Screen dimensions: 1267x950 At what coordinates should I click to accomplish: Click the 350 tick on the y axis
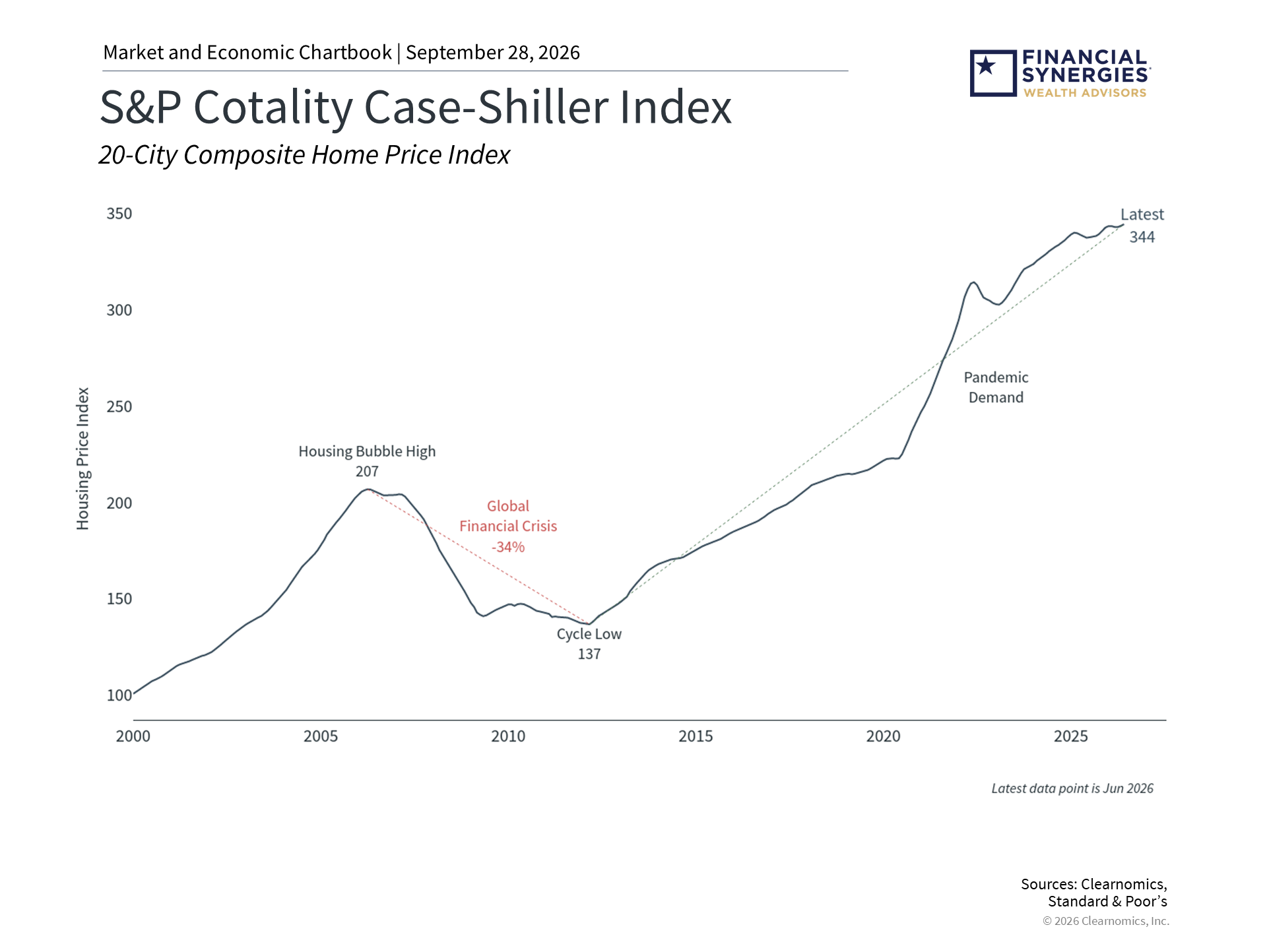[119, 214]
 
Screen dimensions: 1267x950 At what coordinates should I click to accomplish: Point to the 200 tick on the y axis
[119, 503]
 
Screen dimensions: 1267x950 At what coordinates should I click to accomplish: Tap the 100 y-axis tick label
[119, 695]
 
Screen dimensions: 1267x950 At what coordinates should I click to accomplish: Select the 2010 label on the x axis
[508, 736]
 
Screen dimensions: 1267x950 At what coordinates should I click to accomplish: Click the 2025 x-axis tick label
[1071, 736]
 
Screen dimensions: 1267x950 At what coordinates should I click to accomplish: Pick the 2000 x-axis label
[133, 736]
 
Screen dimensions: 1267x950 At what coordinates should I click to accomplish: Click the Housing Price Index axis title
[82, 459]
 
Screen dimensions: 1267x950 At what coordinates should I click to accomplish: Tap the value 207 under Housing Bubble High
[368, 472]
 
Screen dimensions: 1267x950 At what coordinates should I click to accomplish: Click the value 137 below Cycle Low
[589, 654]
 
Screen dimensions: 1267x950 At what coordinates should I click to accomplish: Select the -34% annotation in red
[508, 547]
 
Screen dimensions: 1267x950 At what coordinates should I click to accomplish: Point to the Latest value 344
[1142, 237]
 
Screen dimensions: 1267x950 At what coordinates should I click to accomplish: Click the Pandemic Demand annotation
[996, 387]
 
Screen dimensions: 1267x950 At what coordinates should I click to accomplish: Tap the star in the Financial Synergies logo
[986, 65]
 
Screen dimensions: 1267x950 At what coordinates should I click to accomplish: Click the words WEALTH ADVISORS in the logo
[1085, 93]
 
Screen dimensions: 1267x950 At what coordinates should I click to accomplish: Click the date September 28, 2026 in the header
[493, 53]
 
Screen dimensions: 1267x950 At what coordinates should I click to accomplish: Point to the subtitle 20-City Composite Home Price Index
[304, 155]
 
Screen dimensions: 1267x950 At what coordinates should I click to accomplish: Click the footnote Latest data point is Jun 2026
[1072, 788]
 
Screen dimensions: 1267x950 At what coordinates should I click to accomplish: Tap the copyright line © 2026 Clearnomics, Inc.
[1106, 921]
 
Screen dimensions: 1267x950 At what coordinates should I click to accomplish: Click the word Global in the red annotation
[508, 506]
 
